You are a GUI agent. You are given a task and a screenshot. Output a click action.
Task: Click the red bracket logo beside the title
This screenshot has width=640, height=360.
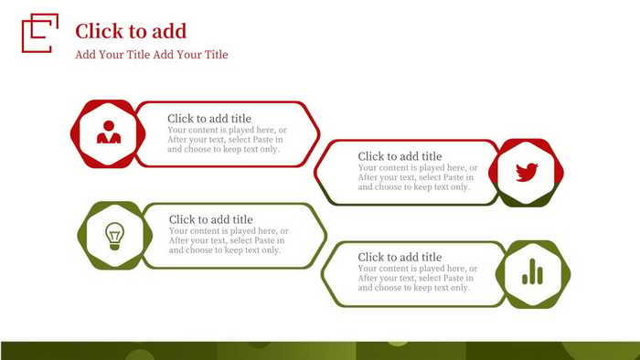click(x=39, y=33)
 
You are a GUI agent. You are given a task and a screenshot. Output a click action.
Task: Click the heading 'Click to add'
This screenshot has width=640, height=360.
click(x=131, y=31)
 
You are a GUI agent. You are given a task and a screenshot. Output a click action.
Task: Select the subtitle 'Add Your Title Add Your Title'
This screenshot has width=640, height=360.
click(x=152, y=55)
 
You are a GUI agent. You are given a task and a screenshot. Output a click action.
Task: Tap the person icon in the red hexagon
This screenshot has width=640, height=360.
click(x=109, y=133)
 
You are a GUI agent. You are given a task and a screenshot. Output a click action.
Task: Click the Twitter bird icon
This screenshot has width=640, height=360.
click(x=527, y=172)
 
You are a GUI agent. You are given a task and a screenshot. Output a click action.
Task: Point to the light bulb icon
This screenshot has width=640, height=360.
click(x=114, y=235)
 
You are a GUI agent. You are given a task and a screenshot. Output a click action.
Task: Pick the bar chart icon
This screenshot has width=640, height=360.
click(x=531, y=272)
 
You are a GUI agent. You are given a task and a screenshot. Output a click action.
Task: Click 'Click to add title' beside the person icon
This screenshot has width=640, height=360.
click(x=209, y=119)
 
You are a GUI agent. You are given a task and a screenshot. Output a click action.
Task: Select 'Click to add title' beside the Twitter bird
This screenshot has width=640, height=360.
click(x=400, y=156)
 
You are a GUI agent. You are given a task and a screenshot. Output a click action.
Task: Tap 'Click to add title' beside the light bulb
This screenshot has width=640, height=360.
click(x=211, y=219)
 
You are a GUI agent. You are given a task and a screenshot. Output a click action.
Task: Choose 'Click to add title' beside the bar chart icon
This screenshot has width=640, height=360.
click(x=400, y=257)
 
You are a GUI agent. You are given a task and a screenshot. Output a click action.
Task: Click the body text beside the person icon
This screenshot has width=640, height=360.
click(x=226, y=139)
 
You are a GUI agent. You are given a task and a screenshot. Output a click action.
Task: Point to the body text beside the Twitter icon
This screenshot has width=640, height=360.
click(x=417, y=177)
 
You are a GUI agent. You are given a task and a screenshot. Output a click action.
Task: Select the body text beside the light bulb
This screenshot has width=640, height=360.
click(x=228, y=240)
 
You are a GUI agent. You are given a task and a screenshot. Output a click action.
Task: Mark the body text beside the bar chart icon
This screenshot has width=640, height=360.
click(x=417, y=278)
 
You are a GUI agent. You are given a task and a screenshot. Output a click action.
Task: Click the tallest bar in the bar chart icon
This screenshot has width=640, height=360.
click(x=531, y=270)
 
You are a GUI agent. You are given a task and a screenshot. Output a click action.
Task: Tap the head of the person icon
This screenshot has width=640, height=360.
click(x=109, y=127)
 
